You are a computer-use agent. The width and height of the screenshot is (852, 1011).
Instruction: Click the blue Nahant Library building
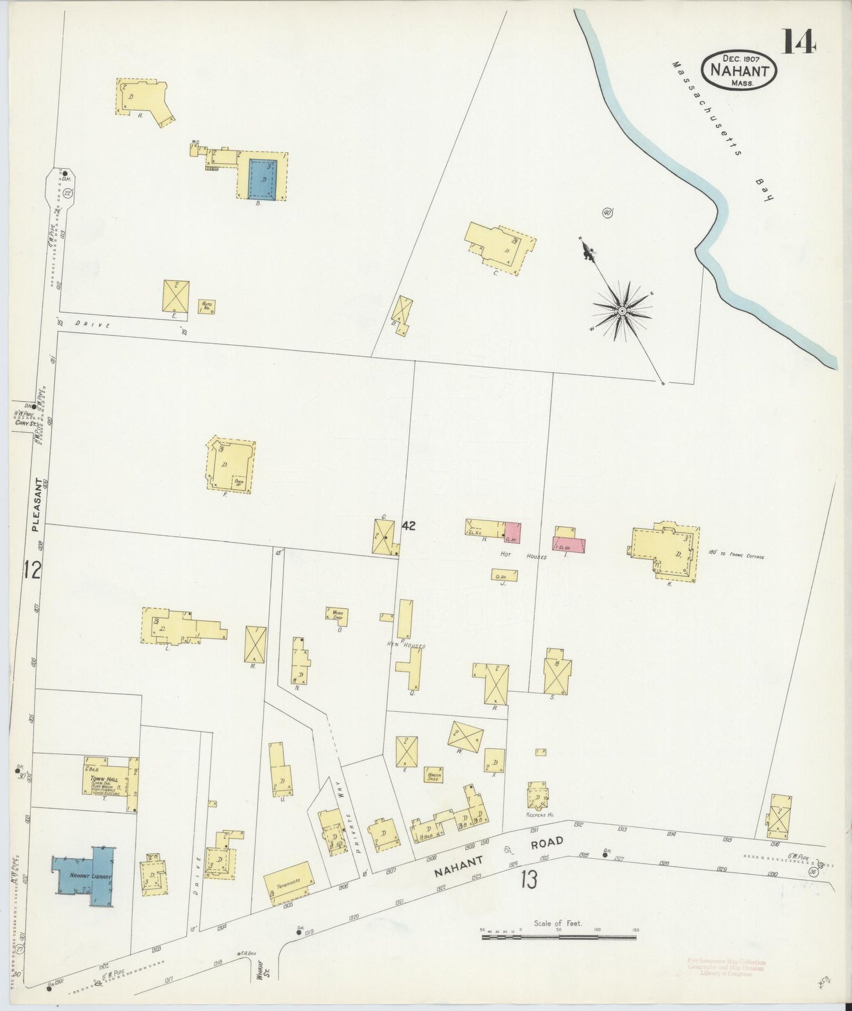tap(86, 877)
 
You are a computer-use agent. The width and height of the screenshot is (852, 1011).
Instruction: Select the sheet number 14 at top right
tap(799, 41)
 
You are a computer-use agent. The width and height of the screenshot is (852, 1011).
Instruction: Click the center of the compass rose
tap(621, 310)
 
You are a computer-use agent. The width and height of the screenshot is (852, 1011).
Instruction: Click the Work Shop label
tap(337, 614)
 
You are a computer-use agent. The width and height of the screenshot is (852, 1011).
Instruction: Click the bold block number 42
tap(409, 526)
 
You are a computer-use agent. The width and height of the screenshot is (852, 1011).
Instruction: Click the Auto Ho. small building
tap(206, 306)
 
